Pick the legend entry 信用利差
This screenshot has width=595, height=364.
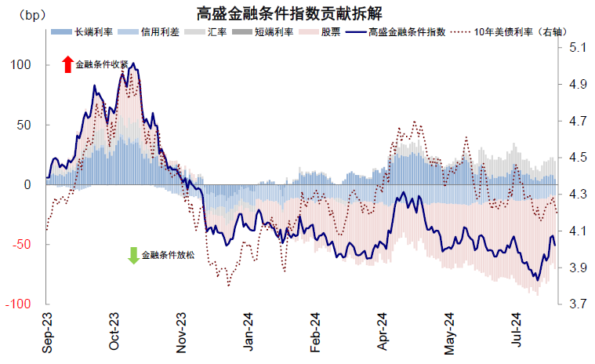tap(160, 32)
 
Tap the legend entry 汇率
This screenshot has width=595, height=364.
tap(217, 32)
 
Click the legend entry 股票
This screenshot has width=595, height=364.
tap(330, 32)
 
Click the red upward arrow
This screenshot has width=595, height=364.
tap(67, 65)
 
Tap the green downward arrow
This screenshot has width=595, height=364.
tap(132, 255)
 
